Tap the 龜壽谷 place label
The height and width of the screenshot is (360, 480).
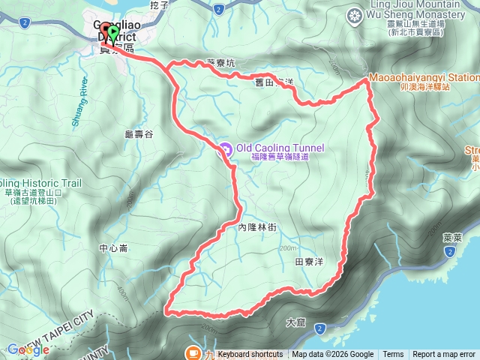(x=139, y=134)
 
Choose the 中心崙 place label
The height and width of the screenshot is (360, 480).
(x=113, y=247)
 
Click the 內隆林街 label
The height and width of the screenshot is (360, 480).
(x=257, y=226)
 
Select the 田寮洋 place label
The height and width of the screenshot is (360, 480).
(x=310, y=262)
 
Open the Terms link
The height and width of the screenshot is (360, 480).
(x=393, y=354)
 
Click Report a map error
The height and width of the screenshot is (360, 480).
(x=444, y=354)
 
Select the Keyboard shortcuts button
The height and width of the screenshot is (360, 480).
(x=250, y=354)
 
